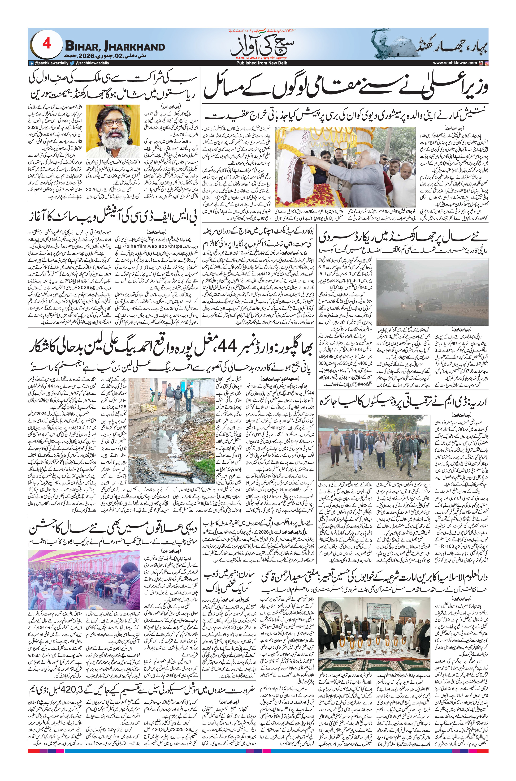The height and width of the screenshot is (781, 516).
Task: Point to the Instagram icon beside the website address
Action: (487, 63)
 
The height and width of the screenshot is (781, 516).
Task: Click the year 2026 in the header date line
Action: (89, 56)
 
